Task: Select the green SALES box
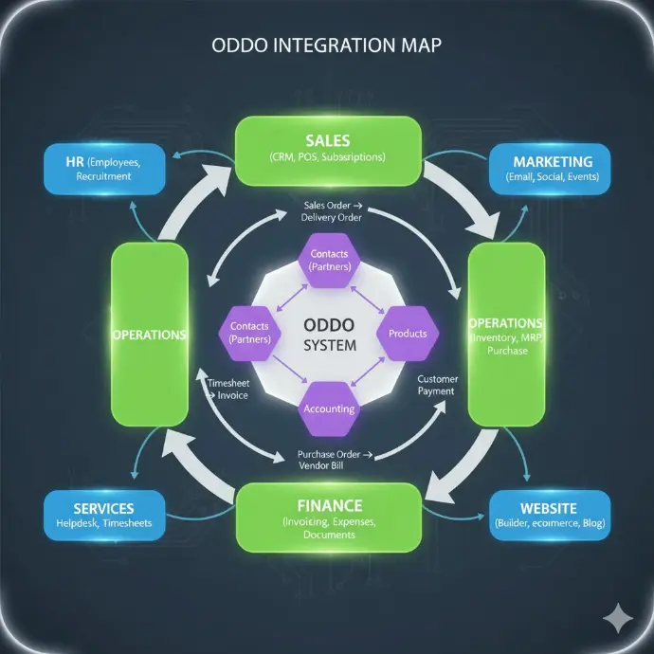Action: tap(328, 149)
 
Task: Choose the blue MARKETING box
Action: tap(550, 168)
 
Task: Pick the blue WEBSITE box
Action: tap(549, 515)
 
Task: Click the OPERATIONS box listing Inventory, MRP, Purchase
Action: tap(506, 335)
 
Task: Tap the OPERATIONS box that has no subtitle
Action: tap(149, 335)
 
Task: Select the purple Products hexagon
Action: tap(408, 334)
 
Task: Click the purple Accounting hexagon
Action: tap(329, 409)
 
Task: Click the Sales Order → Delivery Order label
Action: tap(327, 211)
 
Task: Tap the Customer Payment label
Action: tap(437, 385)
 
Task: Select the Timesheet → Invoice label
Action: tap(227, 389)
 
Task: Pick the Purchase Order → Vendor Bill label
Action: tap(328, 459)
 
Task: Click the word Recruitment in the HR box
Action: tap(104, 176)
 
